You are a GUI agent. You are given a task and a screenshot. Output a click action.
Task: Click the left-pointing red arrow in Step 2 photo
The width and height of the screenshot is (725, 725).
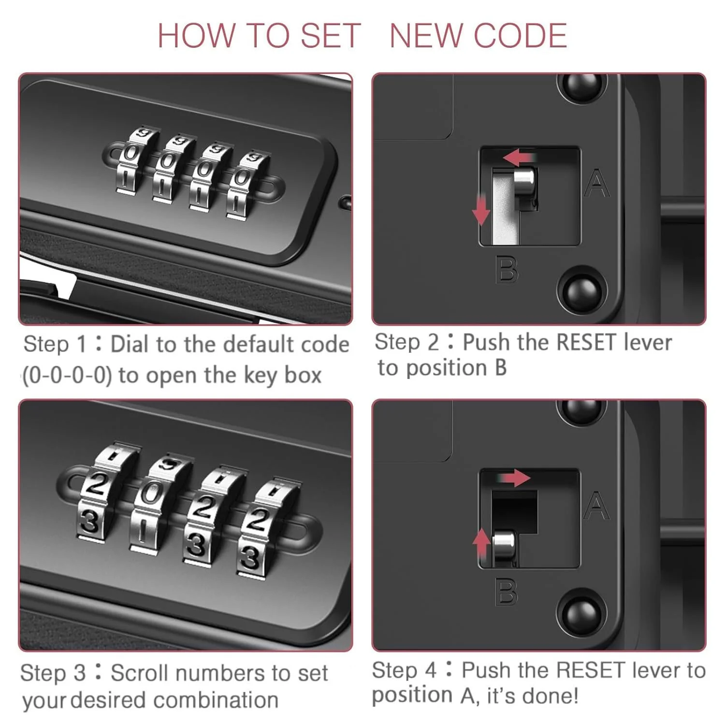[519, 157]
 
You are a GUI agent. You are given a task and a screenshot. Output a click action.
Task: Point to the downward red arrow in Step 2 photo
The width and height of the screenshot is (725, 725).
[480, 210]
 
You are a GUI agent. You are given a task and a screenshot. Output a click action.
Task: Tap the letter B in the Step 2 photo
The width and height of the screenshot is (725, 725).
[507, 269]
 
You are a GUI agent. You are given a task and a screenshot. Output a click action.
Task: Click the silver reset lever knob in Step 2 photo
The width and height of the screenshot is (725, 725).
[524, 183]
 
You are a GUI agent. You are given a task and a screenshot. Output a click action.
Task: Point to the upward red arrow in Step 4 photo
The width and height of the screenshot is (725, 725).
[481, 543]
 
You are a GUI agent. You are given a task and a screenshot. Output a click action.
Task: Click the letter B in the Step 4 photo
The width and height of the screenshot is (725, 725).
[507, 592]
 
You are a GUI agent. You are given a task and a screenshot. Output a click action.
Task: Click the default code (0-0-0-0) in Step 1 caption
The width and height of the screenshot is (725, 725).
[67, 376]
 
